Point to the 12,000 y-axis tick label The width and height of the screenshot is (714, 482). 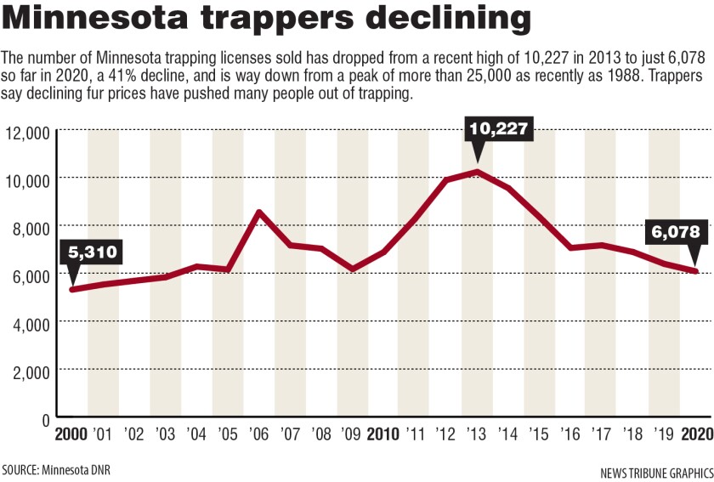coord(27,133)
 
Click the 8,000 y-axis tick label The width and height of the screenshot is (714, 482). coord(31,228)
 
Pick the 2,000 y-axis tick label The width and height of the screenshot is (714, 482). coord(31,371)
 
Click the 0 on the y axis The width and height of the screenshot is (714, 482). coord(47,418)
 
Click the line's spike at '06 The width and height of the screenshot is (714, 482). coord(259,212)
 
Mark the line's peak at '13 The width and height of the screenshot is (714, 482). coord(479,173)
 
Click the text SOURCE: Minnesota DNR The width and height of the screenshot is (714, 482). coord(56,469)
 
